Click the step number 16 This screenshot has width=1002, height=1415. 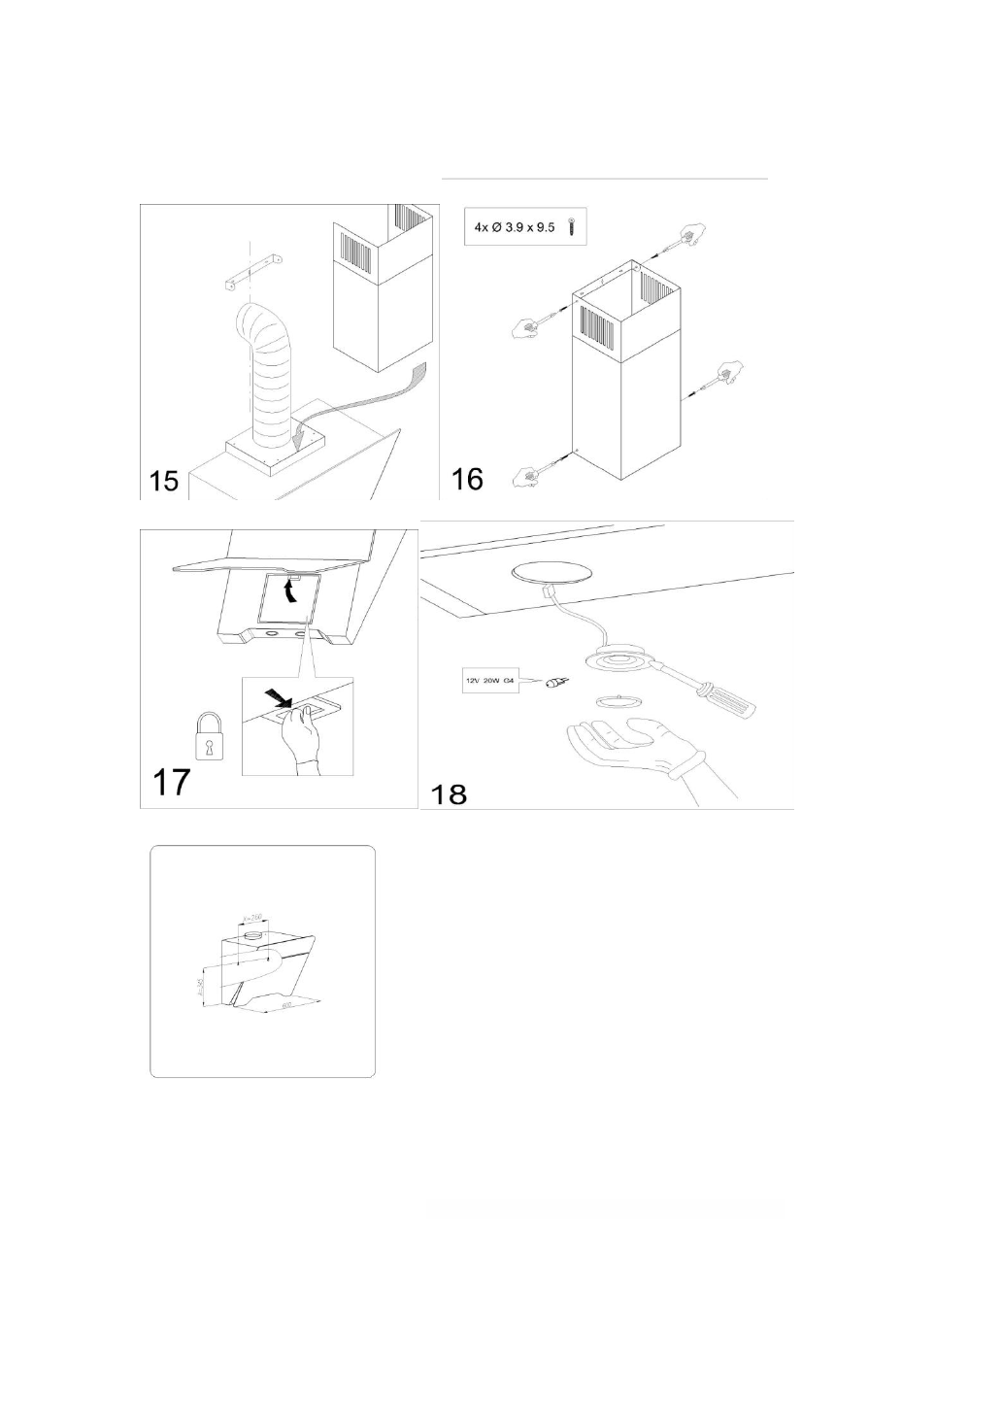tap(467, 478)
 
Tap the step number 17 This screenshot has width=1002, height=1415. tap(171, 782)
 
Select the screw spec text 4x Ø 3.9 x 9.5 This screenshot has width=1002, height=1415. tap(514, 227)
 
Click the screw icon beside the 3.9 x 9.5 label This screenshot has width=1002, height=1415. tap(574, 228)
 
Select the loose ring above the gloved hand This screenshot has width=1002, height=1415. tap(609, 699)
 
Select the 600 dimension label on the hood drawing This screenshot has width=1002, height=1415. tap(286, 1006)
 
